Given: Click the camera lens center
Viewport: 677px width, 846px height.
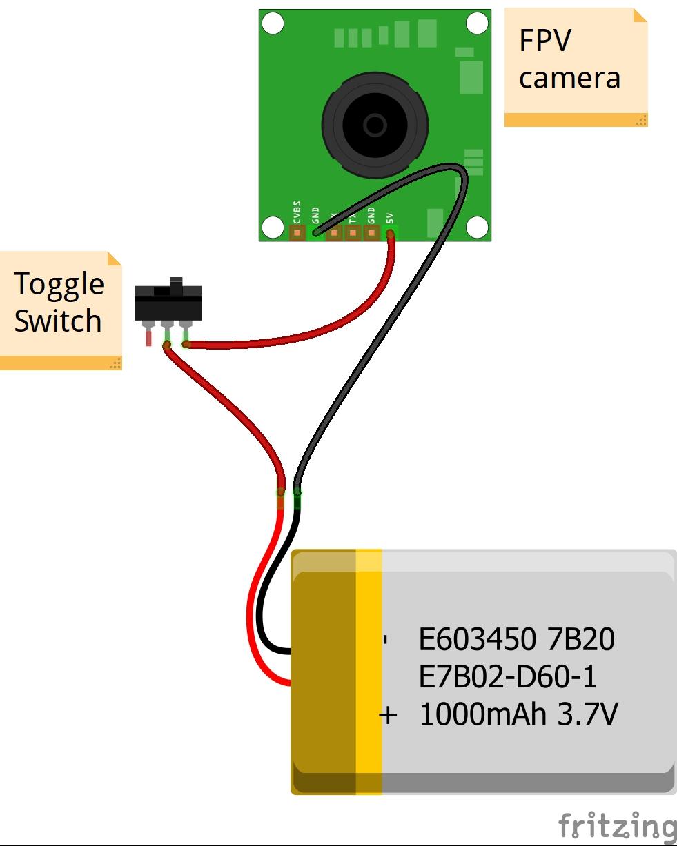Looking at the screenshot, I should pos(375,125).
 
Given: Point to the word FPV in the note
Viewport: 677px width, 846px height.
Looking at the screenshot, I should pos(545,41).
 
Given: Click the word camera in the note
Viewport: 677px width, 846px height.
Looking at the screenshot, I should pos(569,78).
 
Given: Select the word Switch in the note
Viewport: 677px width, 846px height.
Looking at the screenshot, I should pos(58,321).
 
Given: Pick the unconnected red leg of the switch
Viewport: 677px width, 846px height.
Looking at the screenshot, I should pos(148,337).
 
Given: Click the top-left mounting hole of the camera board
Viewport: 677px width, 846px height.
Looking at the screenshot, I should pos(273,24).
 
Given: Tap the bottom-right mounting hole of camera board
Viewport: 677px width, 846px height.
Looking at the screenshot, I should pos(477,226).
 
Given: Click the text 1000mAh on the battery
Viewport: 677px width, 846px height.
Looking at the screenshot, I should pos(482,714).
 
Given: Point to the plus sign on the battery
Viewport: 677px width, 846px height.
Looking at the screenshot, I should pos(389,715).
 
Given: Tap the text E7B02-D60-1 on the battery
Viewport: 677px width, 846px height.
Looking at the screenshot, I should pos(507,677).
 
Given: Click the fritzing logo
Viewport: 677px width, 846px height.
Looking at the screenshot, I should pos(616,825).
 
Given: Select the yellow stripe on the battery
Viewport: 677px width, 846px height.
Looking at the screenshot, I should pos(369,672).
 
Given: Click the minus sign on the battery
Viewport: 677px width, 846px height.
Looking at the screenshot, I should pos(386,641).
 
